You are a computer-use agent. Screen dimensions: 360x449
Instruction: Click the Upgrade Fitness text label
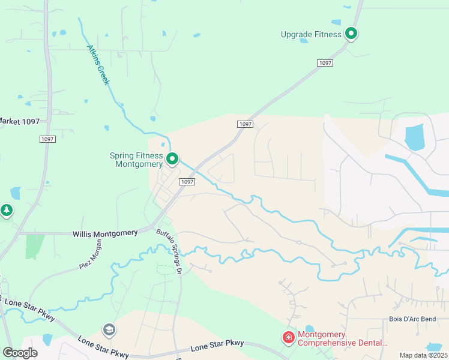[x=311, y=34]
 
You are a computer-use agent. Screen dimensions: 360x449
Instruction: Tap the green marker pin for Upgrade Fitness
[x=351, y=34]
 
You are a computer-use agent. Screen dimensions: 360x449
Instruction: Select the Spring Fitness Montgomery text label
[x=136, y=160]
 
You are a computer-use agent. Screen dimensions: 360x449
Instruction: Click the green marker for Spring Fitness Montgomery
[x=172, y=159]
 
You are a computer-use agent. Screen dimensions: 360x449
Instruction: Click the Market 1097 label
[x=19, y=121]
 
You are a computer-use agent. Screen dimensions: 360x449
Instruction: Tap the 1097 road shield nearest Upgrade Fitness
[x=325, y=62]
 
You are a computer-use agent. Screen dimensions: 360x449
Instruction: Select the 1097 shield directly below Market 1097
[x=47, y=139]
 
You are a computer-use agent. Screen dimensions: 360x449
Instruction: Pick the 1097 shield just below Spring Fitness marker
[x=187, y=181]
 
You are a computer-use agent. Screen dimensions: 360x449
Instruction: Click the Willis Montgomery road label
[x=106, y=234]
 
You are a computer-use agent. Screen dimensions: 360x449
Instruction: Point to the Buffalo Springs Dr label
[x=169, y=251]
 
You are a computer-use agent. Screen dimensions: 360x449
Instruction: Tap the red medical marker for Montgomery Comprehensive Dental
[x=289, y=338]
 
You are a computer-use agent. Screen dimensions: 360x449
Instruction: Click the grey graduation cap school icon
[x=109, y=330]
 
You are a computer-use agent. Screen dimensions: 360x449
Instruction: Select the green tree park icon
[x=7, y=210]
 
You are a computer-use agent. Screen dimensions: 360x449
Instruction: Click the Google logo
[x=20, y=352]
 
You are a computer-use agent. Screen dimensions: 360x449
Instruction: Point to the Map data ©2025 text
[x=423, y=355]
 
